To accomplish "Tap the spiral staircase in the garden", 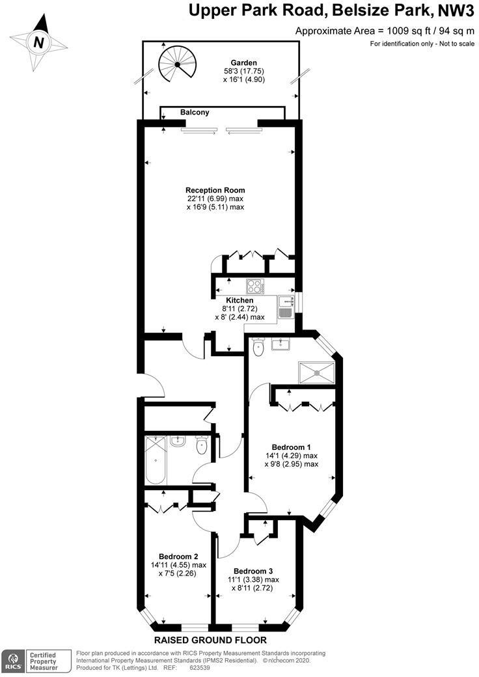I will (176, 64).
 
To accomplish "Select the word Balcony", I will (195, 113).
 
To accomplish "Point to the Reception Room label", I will (215, 190).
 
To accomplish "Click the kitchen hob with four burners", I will (254, 286).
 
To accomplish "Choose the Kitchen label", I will (239, 300).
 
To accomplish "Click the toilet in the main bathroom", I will (202, 447).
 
